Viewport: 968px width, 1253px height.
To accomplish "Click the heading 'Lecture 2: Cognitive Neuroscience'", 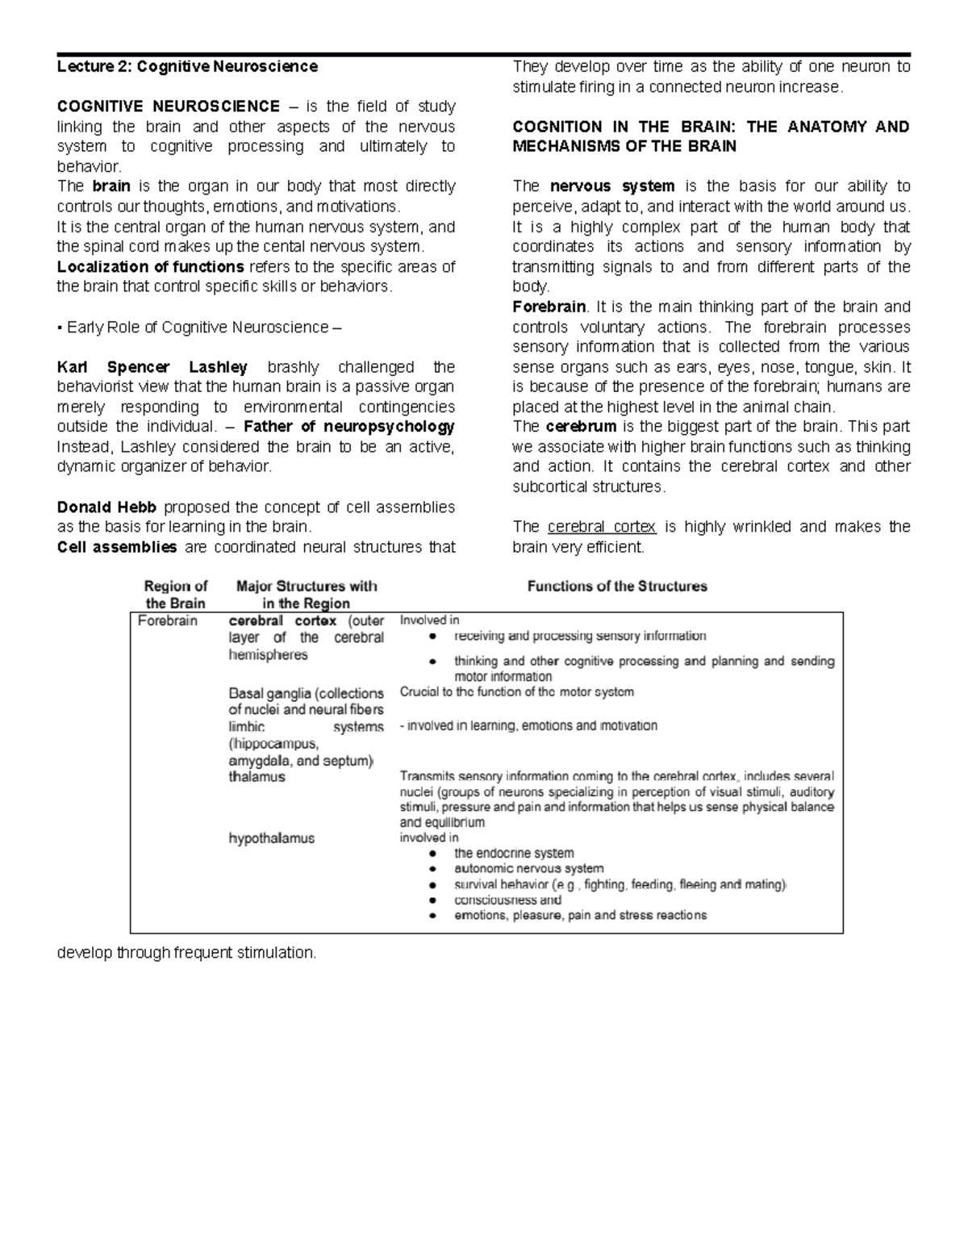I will pos(187,67).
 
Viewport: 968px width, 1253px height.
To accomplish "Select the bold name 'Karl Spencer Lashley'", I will pos(152,367).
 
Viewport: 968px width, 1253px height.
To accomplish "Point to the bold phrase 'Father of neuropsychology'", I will pos(348,427).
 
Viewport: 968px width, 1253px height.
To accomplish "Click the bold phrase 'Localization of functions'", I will pos(151,267).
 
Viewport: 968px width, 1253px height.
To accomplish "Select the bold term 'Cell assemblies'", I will pos(117,547).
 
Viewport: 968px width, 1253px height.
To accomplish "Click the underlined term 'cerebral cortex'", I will pos(602,527).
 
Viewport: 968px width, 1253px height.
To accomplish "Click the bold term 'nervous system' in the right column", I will pos(612,186).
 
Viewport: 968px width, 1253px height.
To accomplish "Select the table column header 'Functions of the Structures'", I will pos(617,587).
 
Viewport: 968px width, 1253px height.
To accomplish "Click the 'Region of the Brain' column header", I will pos(176,595).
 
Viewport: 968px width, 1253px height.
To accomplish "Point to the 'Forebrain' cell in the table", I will pos(168,621).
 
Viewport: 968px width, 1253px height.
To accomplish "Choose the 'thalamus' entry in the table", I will pos(257,777).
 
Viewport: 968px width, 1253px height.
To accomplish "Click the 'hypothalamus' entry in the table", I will pos(271,838).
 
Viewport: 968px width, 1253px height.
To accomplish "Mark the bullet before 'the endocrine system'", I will pos(434,854).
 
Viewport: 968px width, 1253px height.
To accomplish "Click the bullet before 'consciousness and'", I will pos(434,900).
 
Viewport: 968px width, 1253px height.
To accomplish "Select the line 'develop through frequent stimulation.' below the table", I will pos(186,953).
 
